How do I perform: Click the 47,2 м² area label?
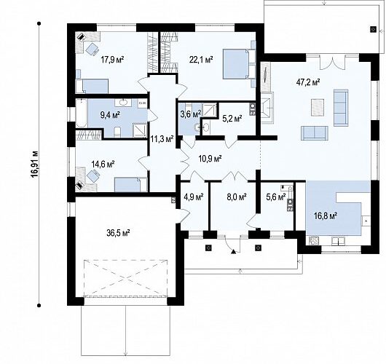(x=308, y=82)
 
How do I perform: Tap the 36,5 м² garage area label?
(x=119, y=232)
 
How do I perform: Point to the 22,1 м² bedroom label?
(x=201, y=60)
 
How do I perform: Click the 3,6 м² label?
(x=191, y=114)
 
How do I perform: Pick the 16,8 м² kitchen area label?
(x=326, y=216)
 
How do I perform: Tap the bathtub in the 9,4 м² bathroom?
(x=82, y=113)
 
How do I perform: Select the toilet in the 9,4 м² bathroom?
(x=117, y=132)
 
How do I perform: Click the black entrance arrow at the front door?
(x=233, y=251)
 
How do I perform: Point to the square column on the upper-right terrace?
(x=374, y=29)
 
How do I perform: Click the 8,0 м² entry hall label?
(x=236, y=197)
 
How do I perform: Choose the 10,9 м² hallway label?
(x=210, y=159)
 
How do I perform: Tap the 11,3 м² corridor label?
(x=162, y=140)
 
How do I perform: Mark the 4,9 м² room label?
(x=194, y=197)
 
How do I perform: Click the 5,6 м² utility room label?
(x=276, y=197)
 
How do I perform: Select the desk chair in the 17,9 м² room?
(x=92, y=49)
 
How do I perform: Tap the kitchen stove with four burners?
(x=313, y=240)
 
